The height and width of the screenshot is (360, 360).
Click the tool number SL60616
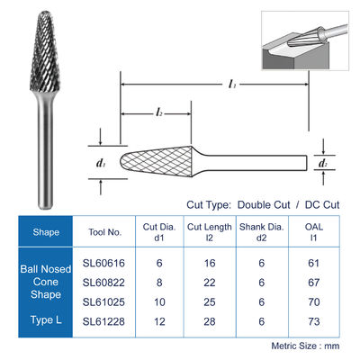[x=103, y=263]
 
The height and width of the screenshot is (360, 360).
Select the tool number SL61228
[x=103, y=321]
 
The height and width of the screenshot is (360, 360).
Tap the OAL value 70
[x=314, y=301]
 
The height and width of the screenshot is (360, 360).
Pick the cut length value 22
[x=210, y=283]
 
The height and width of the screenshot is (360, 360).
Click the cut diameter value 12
[x=159, y=321]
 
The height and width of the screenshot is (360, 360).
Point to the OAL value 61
[x=313, y=263]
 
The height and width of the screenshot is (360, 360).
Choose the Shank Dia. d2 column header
[x=262, y=232]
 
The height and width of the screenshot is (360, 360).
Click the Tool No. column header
[x=104, y=232]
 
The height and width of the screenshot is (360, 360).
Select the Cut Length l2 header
[x=210, y=232]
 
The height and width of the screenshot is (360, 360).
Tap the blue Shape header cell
[x=46, y=231]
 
